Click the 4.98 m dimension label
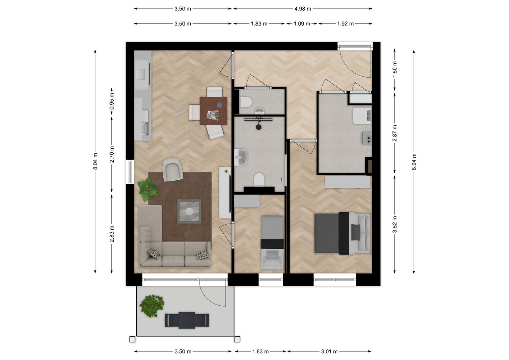click(303, 9)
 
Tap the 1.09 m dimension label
click(302, 24)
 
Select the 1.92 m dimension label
click(345, 24)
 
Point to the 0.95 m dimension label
click(112, 101)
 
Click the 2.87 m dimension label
click(395, 133)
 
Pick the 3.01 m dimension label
click(329, 352)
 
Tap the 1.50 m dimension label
click(395, 69)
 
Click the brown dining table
click(213, 111)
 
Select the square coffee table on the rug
click(189, 211)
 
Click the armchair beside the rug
click(172, 169)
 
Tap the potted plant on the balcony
click(151, 305)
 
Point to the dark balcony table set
click(187, 320)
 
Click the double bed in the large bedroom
click(342, 233)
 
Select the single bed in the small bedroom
click(272, 242)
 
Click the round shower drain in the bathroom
click(259, 127)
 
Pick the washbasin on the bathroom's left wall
click(241, 157)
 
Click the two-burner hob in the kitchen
click(367, 138)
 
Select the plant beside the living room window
click(148, 189)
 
